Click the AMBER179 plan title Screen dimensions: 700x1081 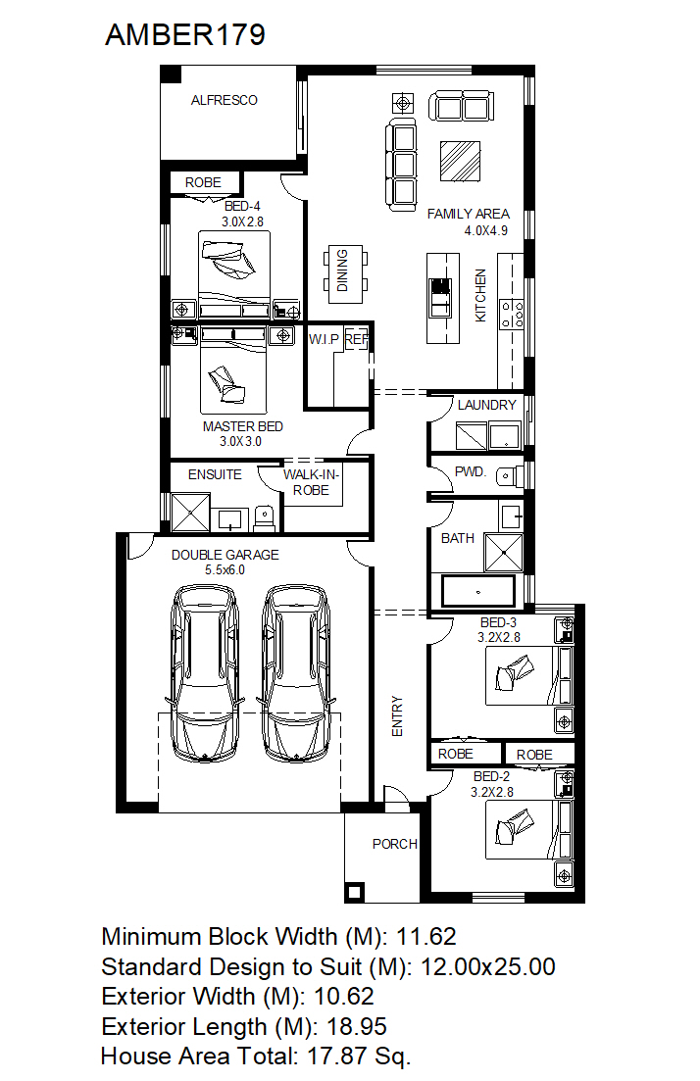click(185, 34)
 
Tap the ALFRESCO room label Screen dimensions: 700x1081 click(225, 101)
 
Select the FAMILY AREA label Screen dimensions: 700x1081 click(469, 215)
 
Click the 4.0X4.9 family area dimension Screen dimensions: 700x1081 click(486, 231)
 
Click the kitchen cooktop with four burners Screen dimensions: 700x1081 click(513, 314)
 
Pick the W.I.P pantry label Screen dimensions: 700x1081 click(325, 339)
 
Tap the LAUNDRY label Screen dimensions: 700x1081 click(487, 406)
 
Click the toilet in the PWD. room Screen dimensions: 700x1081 click(510, 475)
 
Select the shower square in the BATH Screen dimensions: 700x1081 click(504, 552)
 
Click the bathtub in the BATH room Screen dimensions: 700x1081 click(477, 592)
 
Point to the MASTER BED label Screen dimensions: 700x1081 click(243, 426)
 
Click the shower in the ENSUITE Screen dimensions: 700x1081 click(190, 513)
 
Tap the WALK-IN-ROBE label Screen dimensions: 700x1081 click(311, 482)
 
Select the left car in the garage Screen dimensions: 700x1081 click(206, 673)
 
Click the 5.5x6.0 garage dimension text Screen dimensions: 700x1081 click(225, 570)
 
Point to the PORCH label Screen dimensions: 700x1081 click(394, 845)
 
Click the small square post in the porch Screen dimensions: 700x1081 click(355, 893)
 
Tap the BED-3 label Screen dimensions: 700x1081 click(498, 622)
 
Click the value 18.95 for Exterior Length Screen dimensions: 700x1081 click(357, 1026)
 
